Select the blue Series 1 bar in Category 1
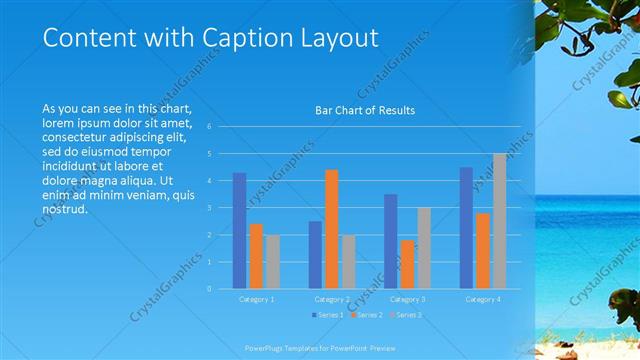click(239, 231)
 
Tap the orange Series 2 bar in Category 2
click(332, 229)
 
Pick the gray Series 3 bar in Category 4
click(499, 221)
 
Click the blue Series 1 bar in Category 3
click(390, 241)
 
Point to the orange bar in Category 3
click(407, 264)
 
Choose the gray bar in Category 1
click(273, 262)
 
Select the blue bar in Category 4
click(466, 228)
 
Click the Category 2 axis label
click(332, 299)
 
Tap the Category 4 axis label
click(483, 299)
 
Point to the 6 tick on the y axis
click(210, 127)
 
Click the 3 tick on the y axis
click(210, 208)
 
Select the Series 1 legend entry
click(329, 316)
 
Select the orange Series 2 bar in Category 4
click(483, 251)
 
